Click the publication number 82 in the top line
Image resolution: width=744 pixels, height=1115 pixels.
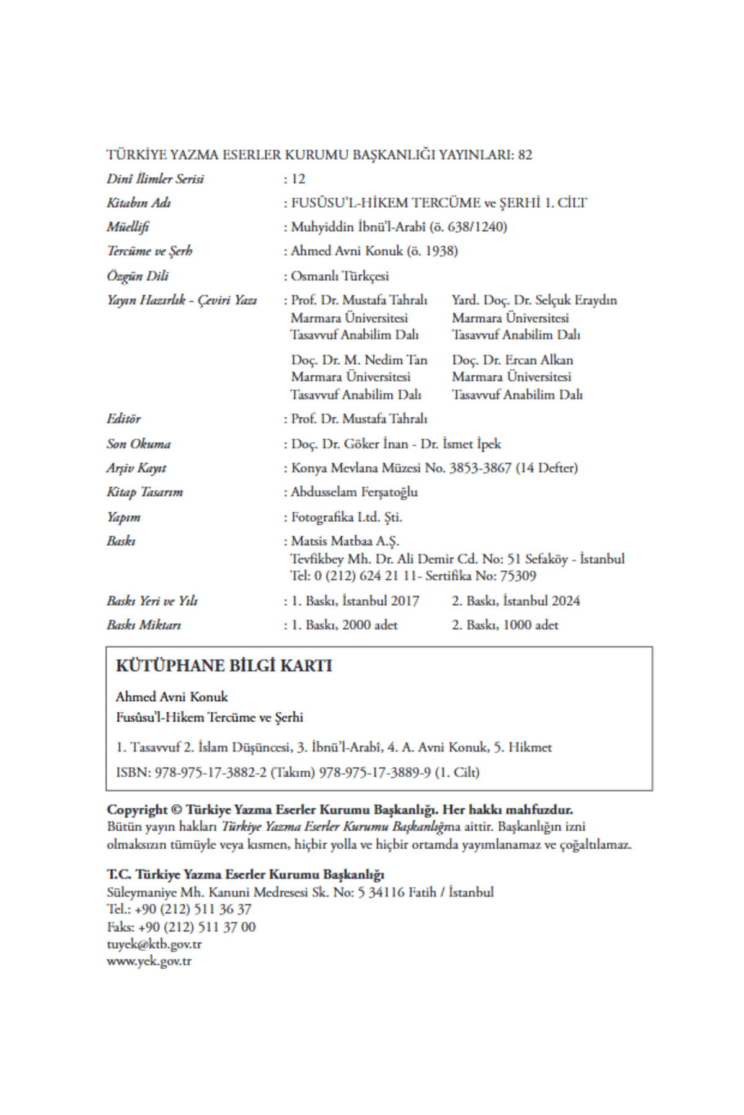click(525, 155)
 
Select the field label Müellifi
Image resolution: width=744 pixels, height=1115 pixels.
click(128, 227)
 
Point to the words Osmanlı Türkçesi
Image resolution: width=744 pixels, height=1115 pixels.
click(340, 276)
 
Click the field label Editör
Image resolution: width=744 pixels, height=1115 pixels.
click(123, 419)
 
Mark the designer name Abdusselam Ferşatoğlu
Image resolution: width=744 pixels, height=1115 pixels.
click(354, 492)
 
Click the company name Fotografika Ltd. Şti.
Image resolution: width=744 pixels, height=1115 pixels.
click(347, 517)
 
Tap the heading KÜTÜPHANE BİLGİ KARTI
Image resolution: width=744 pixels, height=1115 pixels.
click(224, 666)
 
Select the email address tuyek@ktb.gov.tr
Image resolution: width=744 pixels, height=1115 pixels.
click(154, 945)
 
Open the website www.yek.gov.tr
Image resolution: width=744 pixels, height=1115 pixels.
click(149, 962)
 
